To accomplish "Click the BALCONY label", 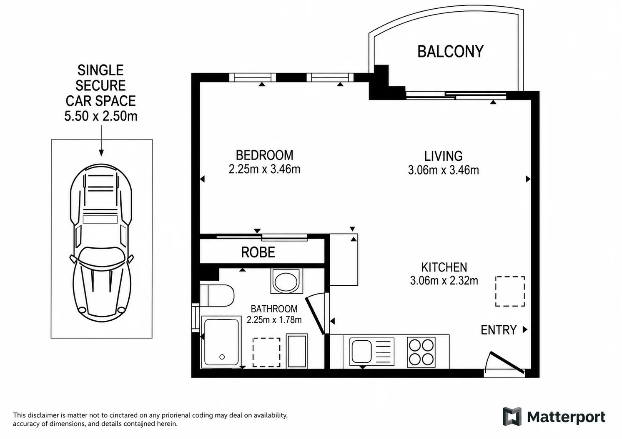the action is [450, 52].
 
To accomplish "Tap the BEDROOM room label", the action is [264, 155].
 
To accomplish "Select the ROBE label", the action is [258, 252].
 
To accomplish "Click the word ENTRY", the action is [499, 330].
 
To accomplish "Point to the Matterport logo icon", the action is [512, 416].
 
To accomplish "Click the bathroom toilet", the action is [217, 295].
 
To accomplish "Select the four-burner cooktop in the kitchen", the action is [421, 352].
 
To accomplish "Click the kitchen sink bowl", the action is [361, 352].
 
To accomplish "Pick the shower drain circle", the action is [222, 357].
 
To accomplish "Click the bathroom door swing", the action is [315, 315].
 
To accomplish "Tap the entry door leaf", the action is [507, 362].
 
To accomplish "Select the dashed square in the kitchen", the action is [510, 292].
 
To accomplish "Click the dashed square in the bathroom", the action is [266, 352].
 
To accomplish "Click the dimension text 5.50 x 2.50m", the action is [101, 116].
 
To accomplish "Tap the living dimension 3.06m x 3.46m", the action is [444, 170].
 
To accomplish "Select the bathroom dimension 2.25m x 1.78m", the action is [274, 320].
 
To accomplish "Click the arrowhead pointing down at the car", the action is [101, 153].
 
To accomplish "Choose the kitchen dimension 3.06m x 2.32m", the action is [444, 281].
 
